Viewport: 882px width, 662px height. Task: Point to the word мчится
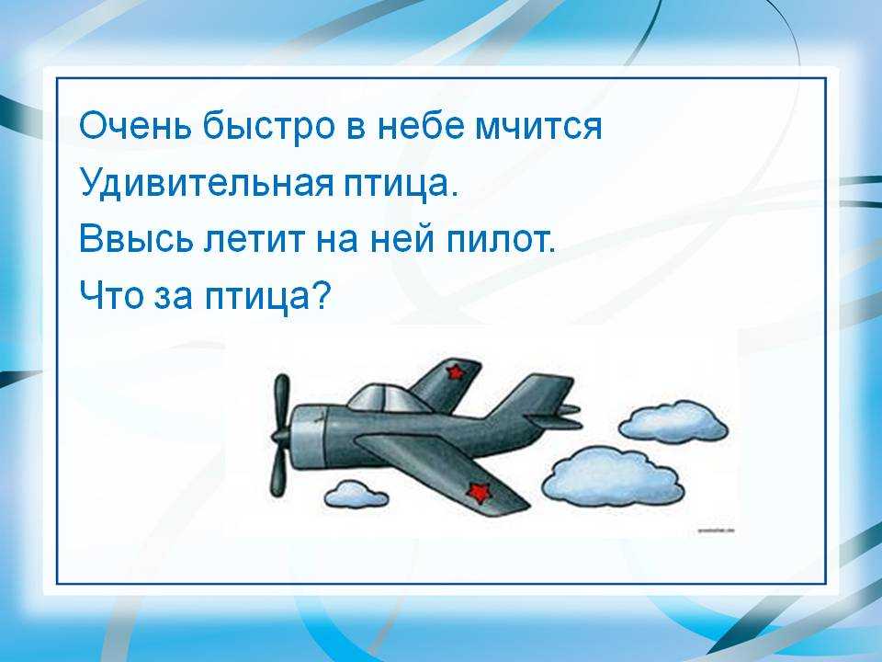(538, 127)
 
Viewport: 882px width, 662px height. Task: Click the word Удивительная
(206, 182)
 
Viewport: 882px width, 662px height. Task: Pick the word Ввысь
(135, 239)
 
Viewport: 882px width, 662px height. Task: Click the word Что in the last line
(111, 295)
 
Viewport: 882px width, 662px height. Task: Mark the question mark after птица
(320, 295)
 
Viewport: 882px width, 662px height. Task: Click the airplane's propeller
(281, 434)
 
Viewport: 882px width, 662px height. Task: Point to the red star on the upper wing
(455, 371)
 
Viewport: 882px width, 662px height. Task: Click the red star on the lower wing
(478, 493)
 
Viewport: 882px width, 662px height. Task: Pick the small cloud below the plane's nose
(356, 494)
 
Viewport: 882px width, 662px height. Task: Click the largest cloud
(613, 477)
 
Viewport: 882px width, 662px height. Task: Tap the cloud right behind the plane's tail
(673, 422)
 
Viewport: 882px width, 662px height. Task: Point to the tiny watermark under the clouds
(717, 531)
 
